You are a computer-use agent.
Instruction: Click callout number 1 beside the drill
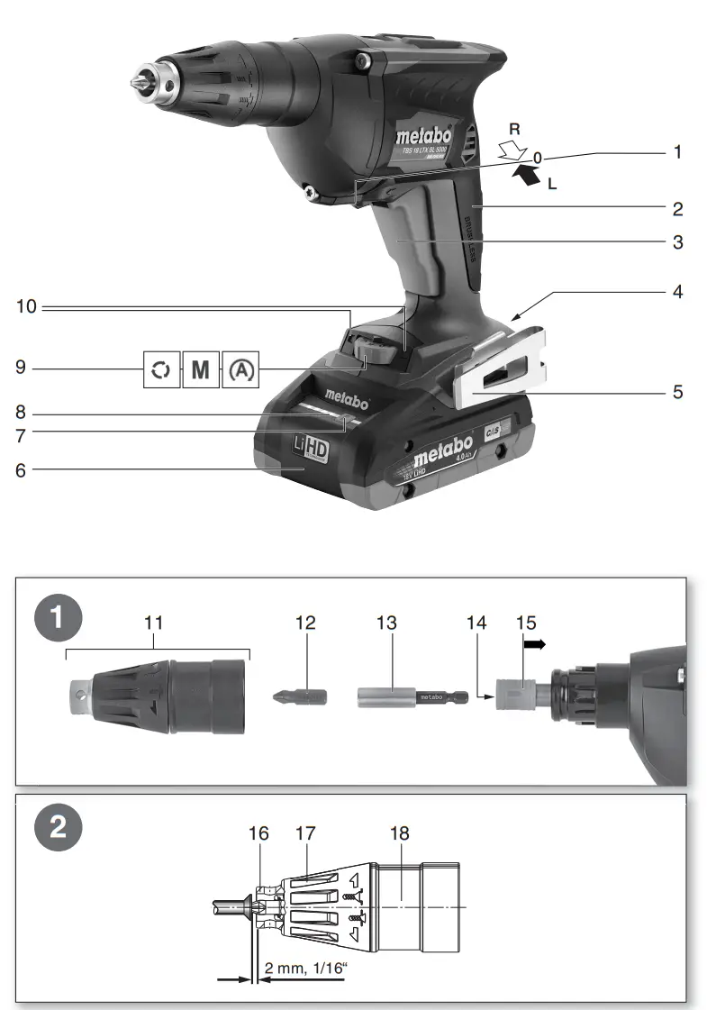677,153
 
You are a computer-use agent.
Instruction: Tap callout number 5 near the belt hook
677,393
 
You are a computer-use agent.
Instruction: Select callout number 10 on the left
27,307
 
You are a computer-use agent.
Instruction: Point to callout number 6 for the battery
21,470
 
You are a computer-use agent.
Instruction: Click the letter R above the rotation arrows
514,130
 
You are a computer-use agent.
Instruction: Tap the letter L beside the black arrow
552,183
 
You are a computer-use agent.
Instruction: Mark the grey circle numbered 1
58,619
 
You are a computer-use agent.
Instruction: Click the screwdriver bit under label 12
299,696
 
